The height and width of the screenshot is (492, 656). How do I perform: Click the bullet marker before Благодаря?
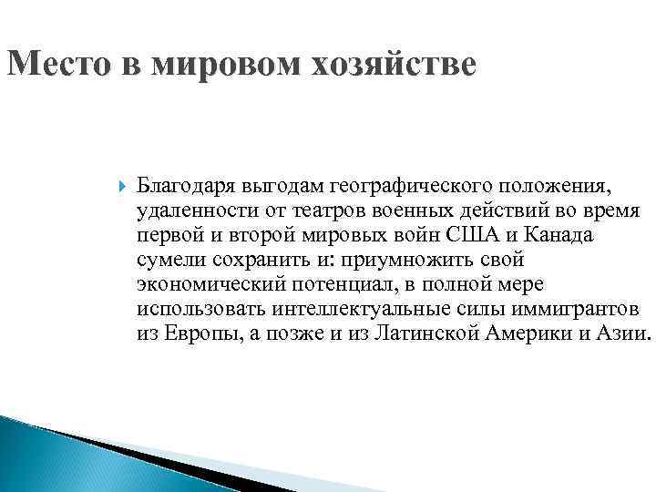(124, 187)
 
